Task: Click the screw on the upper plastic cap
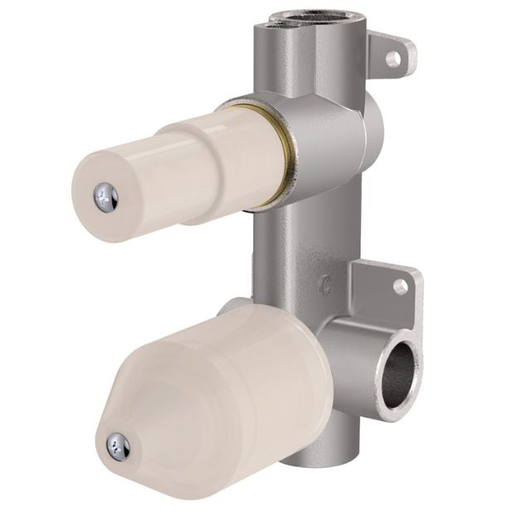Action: point(105,197)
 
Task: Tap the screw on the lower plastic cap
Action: point(118,447)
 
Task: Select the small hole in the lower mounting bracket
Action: point(400,286)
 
